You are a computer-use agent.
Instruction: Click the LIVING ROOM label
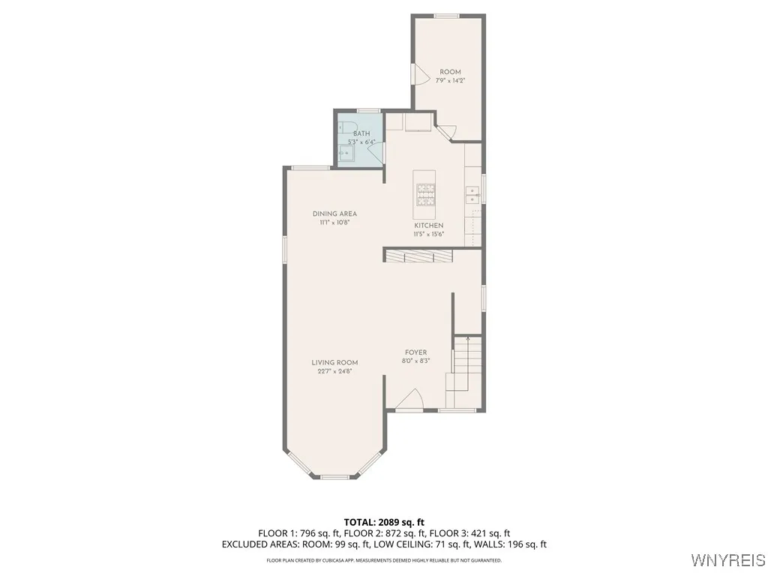pyautogui.click(x=334, y=362)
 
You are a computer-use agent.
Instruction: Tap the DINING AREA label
pyautogui.click(x=334, y=214)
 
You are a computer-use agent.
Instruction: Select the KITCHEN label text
pyautogui.click(x=429, y=226)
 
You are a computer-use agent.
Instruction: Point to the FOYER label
pyautogui.click(x=415, y=352)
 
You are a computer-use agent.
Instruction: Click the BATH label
pyautogui.click(x=361, y=133)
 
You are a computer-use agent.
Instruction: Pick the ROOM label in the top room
pyautogui.click(x=450, y=72)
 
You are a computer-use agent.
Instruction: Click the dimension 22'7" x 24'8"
pyautogui.click(x=334, y=371)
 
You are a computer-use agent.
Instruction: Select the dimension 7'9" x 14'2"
pyautogui.click(x=450, y=81)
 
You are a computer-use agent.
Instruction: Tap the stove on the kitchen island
pyautogui.click(x=426, y=194)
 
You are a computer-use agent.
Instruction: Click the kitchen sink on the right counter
pyautogui.click(x=473, y=195)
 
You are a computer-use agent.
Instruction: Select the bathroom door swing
pyautogui.click(x=376, y=152)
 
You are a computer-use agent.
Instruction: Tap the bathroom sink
pyautogui.click(x=346, y=154)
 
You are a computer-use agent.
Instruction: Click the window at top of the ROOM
pyautogui.click(x=447, y=16)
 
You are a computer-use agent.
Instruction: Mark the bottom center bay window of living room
pyautogui.click(x=334, y=476)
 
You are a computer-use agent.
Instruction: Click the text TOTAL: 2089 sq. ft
pyautogui.click(x=384, y=522)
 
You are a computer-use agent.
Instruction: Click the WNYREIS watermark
pyautogui.click(x=728, y=560)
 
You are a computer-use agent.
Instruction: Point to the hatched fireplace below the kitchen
pyautogui.click(x=419, y=256)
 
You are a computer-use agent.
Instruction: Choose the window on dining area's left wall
pyautogui.click(x=284, y=250)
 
